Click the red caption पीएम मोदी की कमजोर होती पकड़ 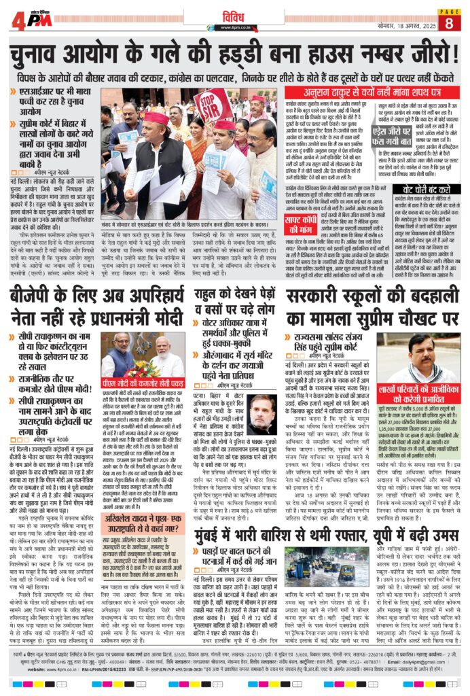point(143,381)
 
